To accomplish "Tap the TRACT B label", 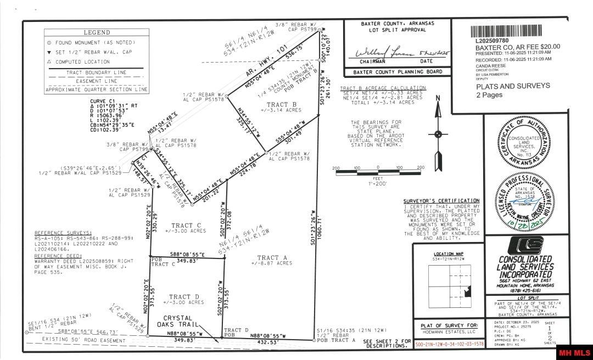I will click(x=282, y=104).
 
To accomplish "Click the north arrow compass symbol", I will click(x=438, y=134).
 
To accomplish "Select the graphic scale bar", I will click(x=378, y=173).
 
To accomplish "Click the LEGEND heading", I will click(x=97, y=32).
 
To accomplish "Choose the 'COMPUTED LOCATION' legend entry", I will click(x=87, y=61).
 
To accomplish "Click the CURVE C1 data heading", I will click(x=104, y=101).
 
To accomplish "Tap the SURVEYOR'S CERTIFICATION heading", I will click(x=441, y=201).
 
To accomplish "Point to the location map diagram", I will click(x=450, y=279).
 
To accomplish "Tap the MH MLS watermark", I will click(x=574, y=352).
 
